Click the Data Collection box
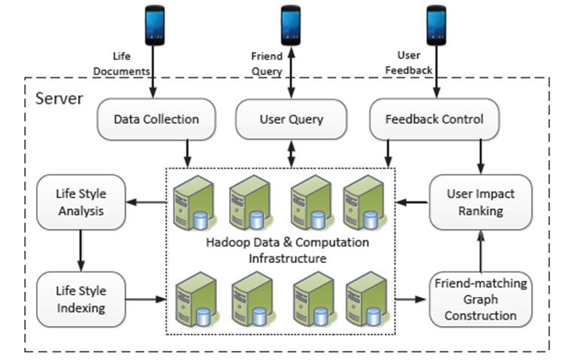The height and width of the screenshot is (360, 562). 156,119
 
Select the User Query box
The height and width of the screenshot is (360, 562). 292,119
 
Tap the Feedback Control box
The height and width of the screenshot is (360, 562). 434,119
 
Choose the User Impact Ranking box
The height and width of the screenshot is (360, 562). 480,202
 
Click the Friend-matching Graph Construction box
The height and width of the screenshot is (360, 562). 480,299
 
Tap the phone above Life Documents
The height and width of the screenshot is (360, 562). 155,24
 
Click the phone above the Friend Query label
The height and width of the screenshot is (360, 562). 292,24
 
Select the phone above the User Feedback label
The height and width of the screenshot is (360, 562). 435,24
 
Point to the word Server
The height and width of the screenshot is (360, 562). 59,99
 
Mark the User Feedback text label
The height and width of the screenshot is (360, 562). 414,63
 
